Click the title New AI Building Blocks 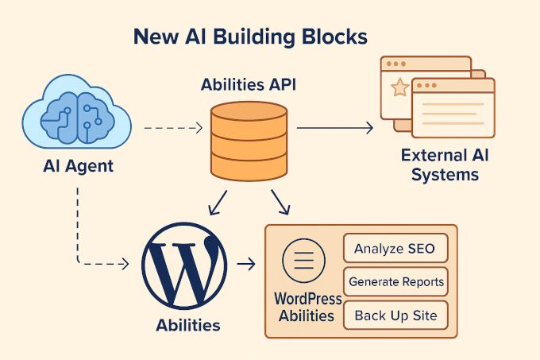pyautogui.click(x=249, y=37)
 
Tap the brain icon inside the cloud pyautogui.click(x=77, y=118)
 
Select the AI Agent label pyautogui.click(x=78, y=167)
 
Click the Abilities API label pyautogui.click(x=249, y=84)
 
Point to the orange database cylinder pyautogui.click(x=249, y=141)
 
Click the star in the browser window pyautogui.click(x=400, y=87)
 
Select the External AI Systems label pyautogui.click(x=445, y=165)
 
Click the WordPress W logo pyautogui.click(x=183, y=265)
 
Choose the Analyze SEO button pyautogui.click(x=395, y=249)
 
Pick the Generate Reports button pyautogui.click(x=395, y=281)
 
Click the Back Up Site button pyautogui.click(x=395, y=315)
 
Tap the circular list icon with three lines pyautogui.click(x=304, y=261)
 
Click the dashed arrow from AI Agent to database pyautogui.click(x=175, y=127)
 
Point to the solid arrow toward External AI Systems pyautogui.click(x=334, y=127)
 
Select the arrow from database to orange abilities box pyautogui.click(x=280, y=202)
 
